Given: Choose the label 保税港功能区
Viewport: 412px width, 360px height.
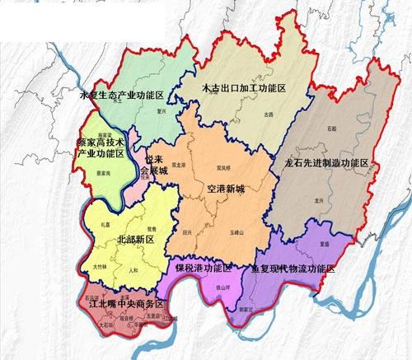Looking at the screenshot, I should point(203,269).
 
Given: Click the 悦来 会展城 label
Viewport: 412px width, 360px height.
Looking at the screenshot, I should point(154,165).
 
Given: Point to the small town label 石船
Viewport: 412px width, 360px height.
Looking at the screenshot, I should point(331,129).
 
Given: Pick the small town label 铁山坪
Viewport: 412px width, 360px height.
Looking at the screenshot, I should point(222,287).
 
